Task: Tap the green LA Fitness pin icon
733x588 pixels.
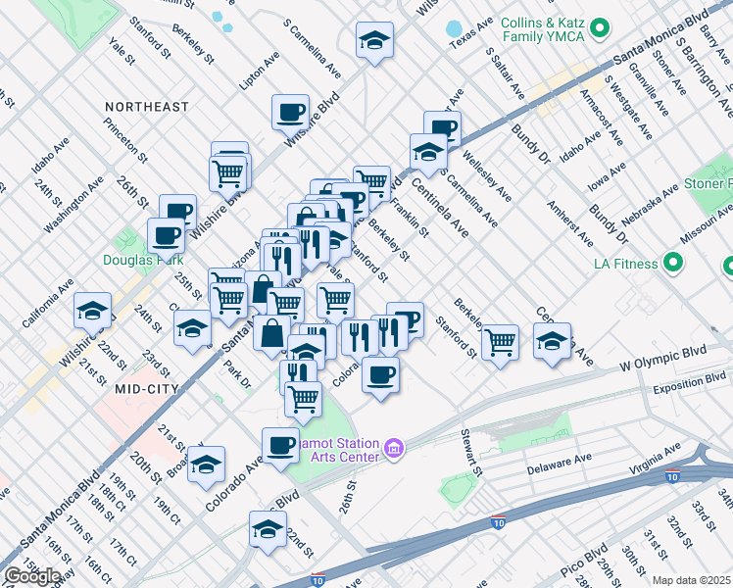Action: (672, 263)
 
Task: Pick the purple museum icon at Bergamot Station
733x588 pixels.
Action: (394, 449)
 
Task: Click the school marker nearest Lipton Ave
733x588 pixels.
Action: (374, 41)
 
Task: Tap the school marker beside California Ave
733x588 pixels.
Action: (93, 311)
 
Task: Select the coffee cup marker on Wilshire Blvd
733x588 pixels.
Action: (290, 112)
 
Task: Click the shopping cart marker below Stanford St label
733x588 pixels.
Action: (500, 342)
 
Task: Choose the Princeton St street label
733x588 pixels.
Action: (127, 141)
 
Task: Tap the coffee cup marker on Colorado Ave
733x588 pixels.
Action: (280, 446)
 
